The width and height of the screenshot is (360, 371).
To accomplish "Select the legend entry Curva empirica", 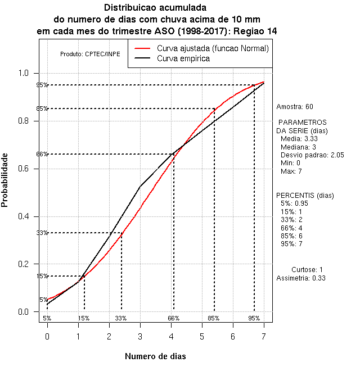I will point(183,58).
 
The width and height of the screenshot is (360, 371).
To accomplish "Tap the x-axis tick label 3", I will point(140,336).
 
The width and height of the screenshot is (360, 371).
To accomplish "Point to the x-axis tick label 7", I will point(263,336).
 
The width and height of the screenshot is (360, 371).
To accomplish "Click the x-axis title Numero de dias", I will point(155,356).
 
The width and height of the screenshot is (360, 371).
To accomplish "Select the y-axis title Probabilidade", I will point(4,180).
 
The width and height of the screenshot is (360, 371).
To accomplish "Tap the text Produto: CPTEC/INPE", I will point(90,54).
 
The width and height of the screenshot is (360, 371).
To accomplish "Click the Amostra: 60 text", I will point(295,106).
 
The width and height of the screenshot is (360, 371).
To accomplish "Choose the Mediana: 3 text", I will point(299,147).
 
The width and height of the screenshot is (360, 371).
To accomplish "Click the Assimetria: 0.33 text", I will point(301,278).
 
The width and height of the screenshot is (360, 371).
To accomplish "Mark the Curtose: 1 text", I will point(307,270).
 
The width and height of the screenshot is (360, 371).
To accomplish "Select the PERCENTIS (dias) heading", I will point(301,196).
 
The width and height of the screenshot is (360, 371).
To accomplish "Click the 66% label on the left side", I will point(42,154).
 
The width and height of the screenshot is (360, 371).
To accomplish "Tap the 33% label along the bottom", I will point(121,318).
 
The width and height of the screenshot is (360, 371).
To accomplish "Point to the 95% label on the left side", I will point(42,85).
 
